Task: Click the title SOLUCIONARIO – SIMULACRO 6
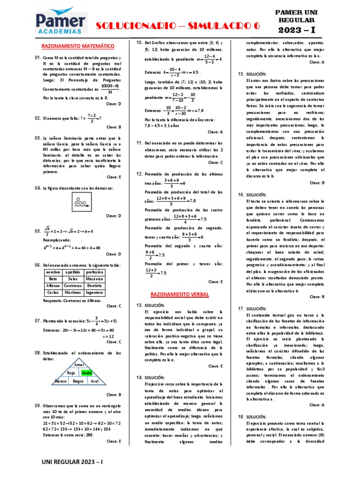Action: coord(178,27)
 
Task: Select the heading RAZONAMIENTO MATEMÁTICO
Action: coord(78,46)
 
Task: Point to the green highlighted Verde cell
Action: coord(87,373)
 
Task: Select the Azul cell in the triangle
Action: coord(94,381)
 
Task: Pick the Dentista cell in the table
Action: coord(95,285)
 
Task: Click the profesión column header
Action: coord(95,272)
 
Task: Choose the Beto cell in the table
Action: coord(52,278)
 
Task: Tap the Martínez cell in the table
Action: coord(73,292)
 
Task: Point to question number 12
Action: coord(139,174)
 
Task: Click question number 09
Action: coord(38,405)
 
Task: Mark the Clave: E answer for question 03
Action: coord(113,177)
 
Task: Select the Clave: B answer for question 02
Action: coord(113,127)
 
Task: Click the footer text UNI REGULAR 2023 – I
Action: coord(73,462)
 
